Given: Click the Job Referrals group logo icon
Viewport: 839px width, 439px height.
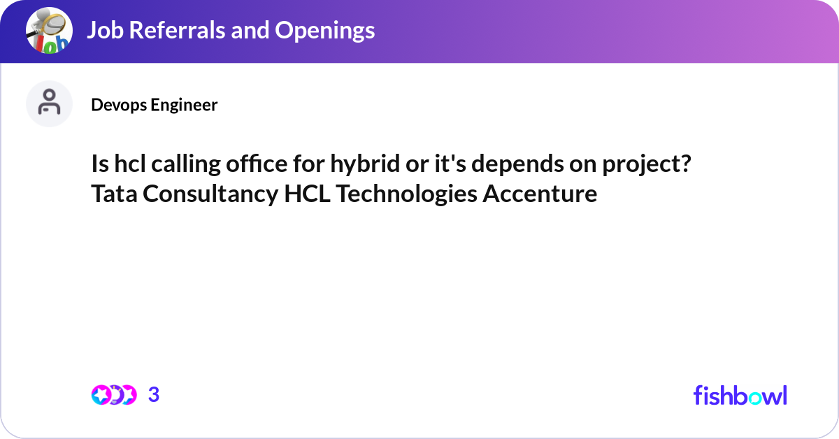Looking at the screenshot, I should pyautogui.click(x=49, y=31).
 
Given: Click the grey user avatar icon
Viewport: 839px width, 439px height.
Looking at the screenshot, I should pyautogui.click(x=49, y=103).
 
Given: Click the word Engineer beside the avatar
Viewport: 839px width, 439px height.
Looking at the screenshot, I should pyautogui.click(x=185, y=105).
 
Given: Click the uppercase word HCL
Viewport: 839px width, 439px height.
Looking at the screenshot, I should pyautogui.click(x=307, y=194).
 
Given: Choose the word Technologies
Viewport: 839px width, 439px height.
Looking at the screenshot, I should pyautogui.click(x=406, y=194).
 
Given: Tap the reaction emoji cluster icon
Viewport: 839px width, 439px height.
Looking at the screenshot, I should pyautogui.click(x=114, y=395).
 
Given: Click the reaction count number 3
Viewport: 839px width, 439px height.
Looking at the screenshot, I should pyautogui.click(x=154, y=395).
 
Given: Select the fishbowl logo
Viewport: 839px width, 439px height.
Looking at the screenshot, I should pyautogui.click(x=740, y=395).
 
